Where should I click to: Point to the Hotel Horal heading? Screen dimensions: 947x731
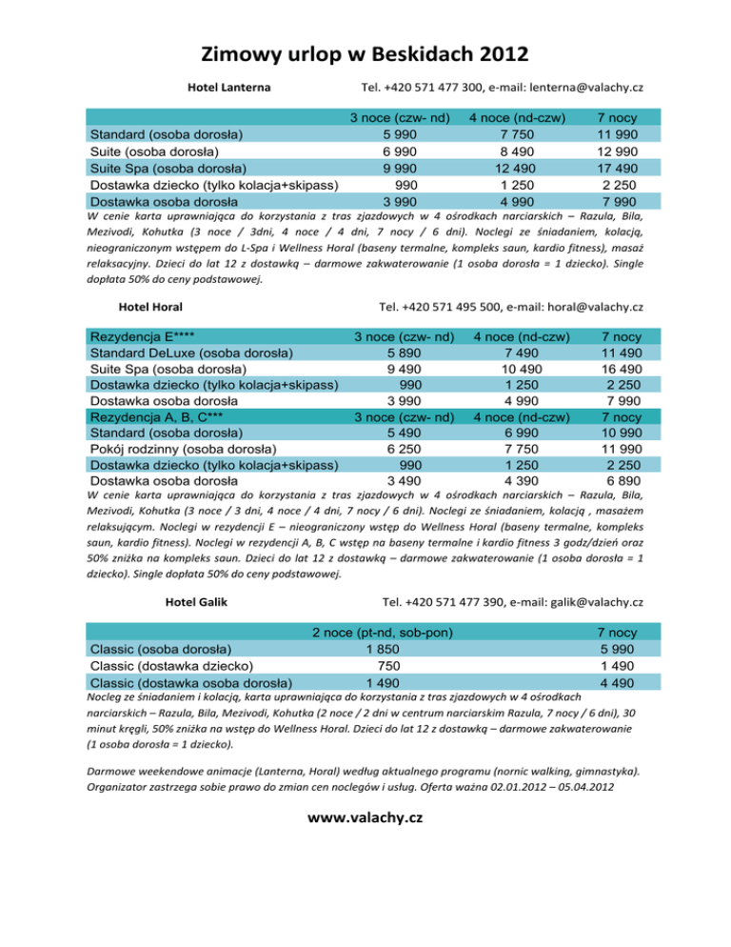pos(150,307)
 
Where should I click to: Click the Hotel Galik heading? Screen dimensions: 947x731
pos(195,602)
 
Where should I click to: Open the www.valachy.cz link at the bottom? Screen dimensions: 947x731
pos(365,818)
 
